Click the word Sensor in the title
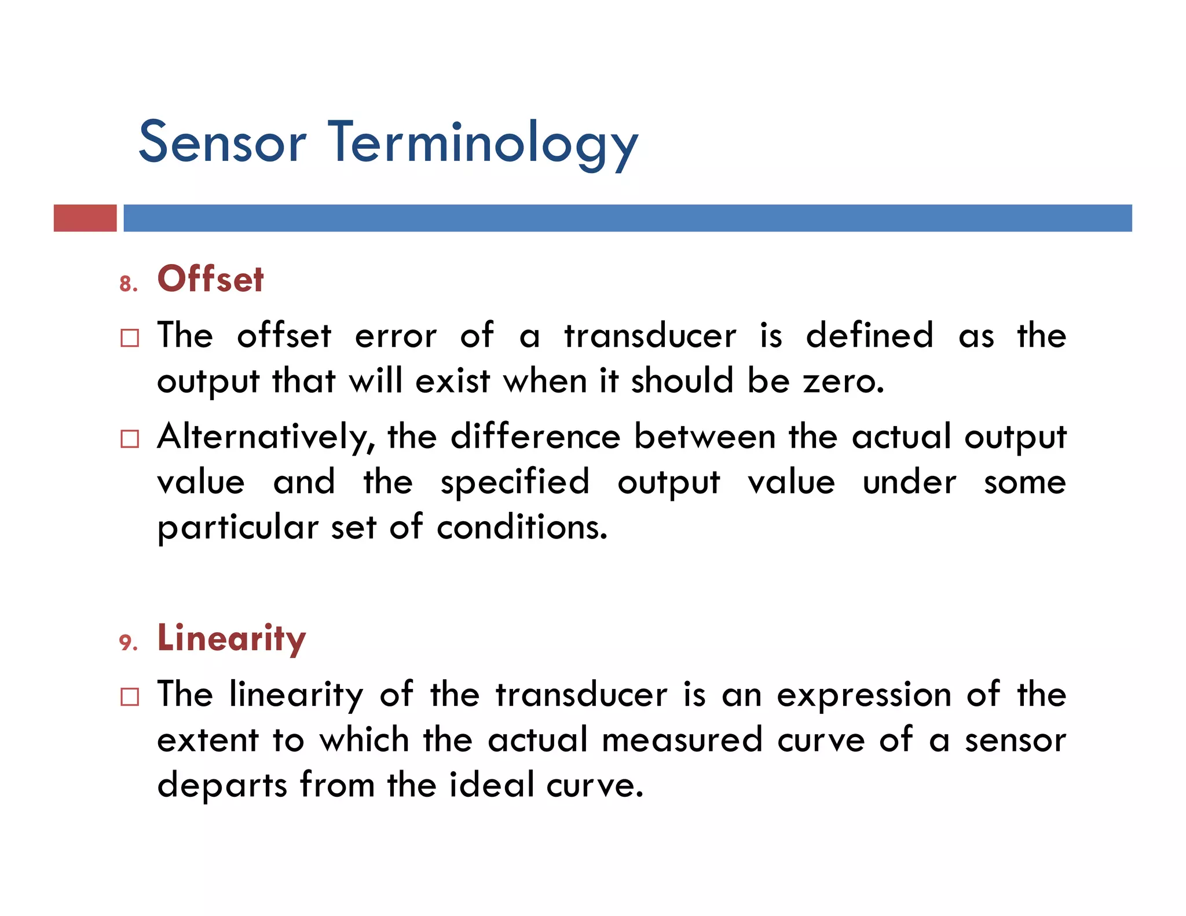(222, 142)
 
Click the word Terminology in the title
(483, 144)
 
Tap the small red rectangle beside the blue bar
(85, 218)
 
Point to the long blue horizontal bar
(627, 218)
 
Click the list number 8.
(128, 284)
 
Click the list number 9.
(128, 643)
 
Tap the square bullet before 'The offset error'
(130, 338)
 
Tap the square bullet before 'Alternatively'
(130, 439)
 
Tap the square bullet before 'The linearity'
(130, 697)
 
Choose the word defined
(869, 335)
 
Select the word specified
(515, 482)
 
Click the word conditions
(522, 527)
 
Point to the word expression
(864, 695)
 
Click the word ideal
(491, 785)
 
